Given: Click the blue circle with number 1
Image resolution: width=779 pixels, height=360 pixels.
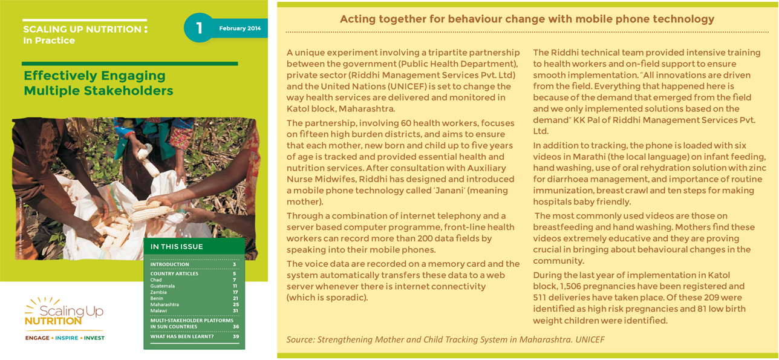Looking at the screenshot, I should pos(199,28).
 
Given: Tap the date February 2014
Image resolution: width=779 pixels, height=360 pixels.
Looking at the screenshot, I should pos(240,28).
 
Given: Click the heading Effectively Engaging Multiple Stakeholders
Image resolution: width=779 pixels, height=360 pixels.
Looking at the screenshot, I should pos(98,83).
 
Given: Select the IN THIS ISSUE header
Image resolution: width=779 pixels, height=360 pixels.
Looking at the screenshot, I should pos(177,247).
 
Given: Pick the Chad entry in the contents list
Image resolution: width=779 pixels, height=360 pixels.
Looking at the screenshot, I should pos(156,280).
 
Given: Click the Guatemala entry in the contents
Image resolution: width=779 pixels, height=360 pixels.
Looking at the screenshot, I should pos(162,286).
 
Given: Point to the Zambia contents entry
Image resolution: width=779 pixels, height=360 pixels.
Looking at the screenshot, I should pos(158,292).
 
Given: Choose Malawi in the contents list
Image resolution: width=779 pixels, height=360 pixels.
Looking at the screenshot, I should pos(158,311).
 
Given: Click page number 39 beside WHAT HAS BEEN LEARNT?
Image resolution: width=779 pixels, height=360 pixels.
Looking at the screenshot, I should pos(235,336).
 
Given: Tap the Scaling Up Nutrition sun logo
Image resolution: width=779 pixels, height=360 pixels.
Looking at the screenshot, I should pos(64,311).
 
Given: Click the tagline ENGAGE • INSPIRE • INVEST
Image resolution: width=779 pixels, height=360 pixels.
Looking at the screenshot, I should pos(65,338).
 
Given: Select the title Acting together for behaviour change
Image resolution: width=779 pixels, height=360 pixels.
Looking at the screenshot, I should pos(527,19).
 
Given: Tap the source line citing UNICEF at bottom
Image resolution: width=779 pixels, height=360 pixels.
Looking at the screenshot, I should pos(445,339).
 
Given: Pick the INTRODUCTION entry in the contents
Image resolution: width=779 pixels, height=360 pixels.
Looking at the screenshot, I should pos(169,264).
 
